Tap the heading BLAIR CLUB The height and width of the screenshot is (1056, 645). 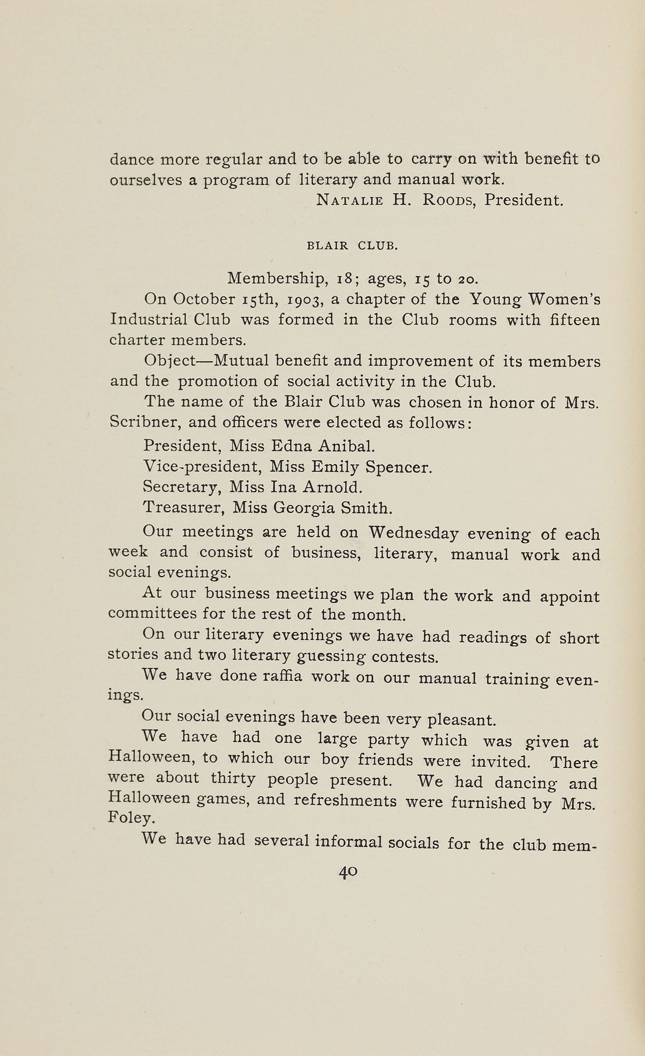click(352, 246)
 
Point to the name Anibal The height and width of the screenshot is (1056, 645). click(346, 446)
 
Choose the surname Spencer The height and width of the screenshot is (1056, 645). click(398, 467)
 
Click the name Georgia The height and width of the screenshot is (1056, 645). click(304, 509)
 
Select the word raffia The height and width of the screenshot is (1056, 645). click(282, 676)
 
